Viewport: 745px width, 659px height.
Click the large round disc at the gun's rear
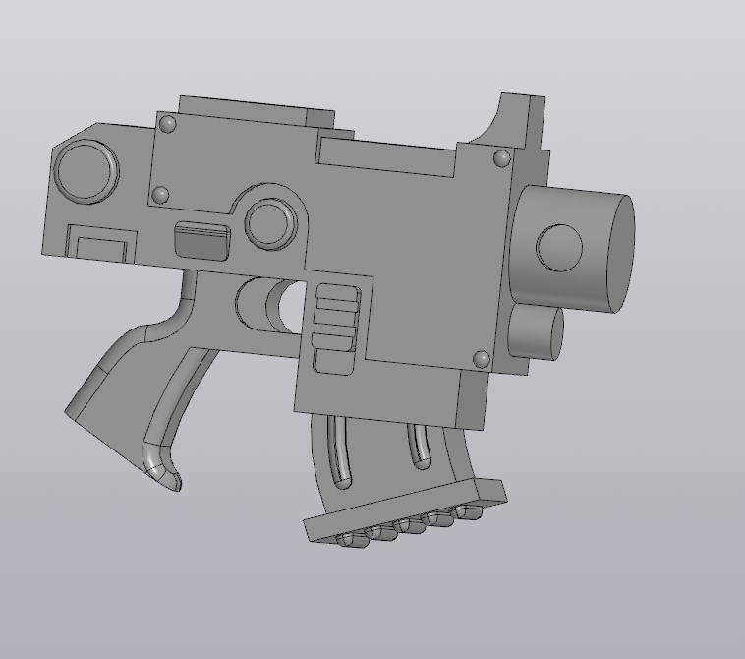[x=86, y=172]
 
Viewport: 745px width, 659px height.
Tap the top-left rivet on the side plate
[x=168, y=124]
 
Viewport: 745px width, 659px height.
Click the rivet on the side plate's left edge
[x=161, y=195]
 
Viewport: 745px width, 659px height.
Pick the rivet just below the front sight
[x=501, y=157]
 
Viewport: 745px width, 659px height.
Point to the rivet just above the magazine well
[x=482, y=359]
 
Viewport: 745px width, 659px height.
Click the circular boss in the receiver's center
[x=270, y=223]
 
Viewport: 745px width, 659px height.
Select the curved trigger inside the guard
[x=267, y=305]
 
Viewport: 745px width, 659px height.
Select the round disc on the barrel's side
[x=559, y=248]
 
